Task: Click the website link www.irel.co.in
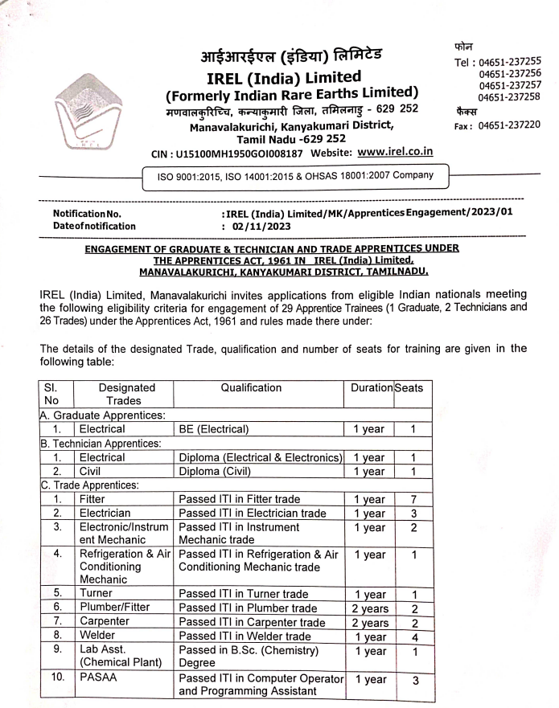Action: click(x=395, y=151)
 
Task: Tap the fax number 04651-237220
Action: click(x=509, y=125)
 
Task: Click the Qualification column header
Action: click(x=251, y=387)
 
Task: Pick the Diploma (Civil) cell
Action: click(x=216, y=471)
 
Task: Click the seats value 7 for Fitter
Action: click(x=412, y=499)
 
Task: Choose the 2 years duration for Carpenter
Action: click(x=369, y=623)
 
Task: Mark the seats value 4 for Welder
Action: click(x=412, y=636)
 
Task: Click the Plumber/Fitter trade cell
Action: click(x=113, y=608)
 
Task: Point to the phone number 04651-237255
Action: click(x=508, y=60)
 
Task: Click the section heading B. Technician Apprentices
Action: click(x=93, y=443)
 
